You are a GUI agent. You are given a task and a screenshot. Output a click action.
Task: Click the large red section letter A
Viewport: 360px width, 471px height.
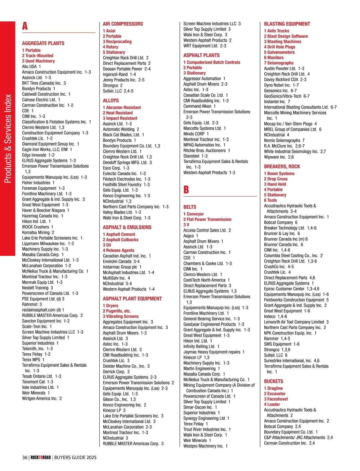click(25, 26)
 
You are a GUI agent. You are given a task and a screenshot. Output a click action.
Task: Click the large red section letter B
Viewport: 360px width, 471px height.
click(186, 190)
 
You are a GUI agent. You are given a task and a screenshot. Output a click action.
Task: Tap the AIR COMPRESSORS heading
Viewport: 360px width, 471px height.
click(123, 24)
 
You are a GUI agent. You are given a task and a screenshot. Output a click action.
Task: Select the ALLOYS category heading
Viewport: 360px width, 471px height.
click(111, 101)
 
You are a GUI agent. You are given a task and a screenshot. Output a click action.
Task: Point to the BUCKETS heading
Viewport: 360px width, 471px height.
click(273, 381)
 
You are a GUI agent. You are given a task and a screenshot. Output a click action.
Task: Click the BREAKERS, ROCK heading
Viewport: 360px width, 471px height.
click(282, 167)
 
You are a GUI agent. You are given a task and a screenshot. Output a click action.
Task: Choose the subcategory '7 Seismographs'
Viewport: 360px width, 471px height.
click(279, 63)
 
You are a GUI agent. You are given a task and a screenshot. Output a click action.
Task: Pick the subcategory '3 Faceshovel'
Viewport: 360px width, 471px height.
click(276, 399)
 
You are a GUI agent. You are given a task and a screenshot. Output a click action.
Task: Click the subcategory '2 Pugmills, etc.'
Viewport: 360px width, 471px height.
click(117, 311)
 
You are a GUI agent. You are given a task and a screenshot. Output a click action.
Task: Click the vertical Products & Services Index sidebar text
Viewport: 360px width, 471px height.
click(8, 138)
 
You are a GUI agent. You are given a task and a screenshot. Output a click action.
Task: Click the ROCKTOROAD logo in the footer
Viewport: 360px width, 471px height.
click(40, 457)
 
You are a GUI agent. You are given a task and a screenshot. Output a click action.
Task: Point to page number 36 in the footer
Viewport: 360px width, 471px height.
click(25, 457)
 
